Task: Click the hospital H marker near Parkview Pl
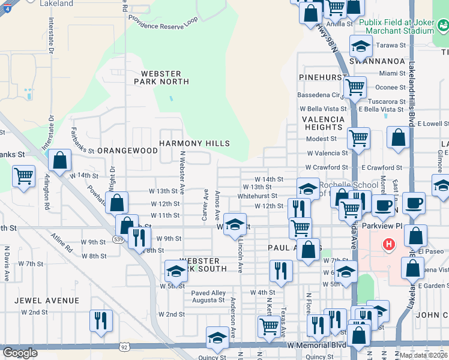389,244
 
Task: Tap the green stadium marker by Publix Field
443,26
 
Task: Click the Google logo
20,353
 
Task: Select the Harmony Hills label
194,143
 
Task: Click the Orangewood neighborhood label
127,151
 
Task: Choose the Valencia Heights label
323,123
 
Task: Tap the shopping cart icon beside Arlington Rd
23,176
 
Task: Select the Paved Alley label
208,293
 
